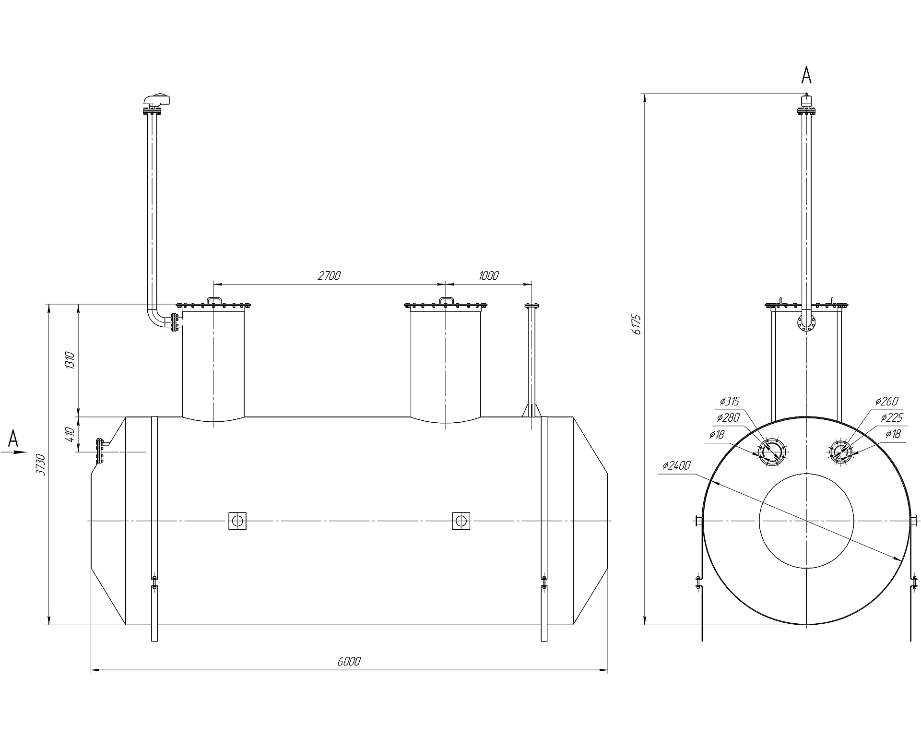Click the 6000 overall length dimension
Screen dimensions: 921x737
(x=349, y=661)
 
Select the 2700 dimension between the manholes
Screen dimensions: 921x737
(x=329, y=275)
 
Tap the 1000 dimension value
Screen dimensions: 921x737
(x=489, y=275)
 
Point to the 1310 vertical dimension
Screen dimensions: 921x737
(x=70, y=359)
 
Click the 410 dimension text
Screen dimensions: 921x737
(x=70, y=434)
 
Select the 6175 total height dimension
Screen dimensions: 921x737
(x=637, y=324)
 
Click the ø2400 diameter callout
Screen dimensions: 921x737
(x=676, y=465)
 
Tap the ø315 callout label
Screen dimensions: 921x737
(x=730, y=401)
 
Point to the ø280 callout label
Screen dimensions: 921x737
(x=728, y=417)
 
